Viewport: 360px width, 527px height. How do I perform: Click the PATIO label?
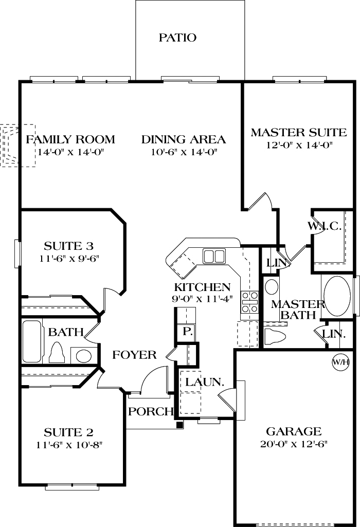coord(177,38)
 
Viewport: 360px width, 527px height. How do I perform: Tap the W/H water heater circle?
coord(340,362)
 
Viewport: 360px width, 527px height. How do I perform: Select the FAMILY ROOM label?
coord(70,139)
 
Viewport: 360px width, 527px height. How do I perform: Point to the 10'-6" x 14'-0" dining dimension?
coord(184,152)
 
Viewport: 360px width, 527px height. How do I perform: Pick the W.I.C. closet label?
coord(325,226)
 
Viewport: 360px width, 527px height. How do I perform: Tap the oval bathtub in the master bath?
coord(337,297)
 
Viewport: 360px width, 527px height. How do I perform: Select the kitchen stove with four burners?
coord(249,302)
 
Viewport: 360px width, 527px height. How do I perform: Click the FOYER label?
coord(135,355)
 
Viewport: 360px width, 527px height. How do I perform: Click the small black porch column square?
coord(179,425)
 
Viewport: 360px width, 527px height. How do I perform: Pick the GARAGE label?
coord(294,431)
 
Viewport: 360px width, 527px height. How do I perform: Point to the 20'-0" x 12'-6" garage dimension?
coord(294,444)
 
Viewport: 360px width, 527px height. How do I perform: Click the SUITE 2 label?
coord(68,432)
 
